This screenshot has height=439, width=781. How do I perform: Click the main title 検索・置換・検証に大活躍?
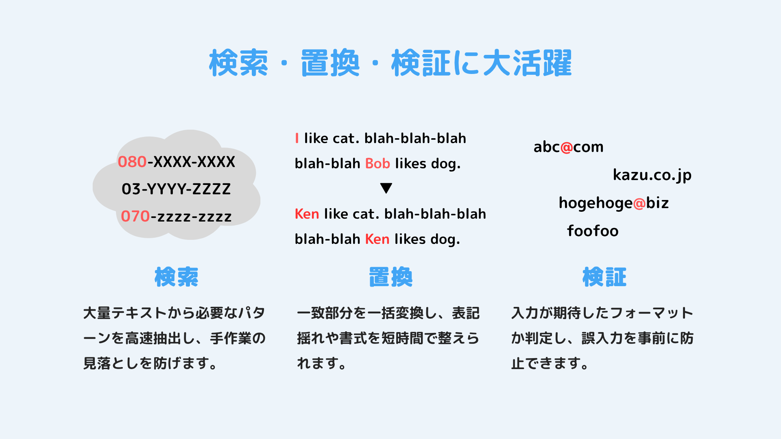[x=390, y=63]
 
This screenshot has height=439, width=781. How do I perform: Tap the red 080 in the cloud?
[x=132, y=162]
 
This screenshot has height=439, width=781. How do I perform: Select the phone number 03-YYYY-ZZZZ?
[x=176, y=189]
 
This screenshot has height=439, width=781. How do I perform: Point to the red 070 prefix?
[x=135, y=216]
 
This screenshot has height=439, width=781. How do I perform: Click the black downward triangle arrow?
[x=386, y=188]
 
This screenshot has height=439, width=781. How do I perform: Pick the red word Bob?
[x=377, y=163]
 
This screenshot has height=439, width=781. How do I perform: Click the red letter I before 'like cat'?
[x=297, y=138]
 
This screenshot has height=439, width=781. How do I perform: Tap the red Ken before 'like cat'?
[x=307, y=214]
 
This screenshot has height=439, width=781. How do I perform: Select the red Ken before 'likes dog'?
[x=377, y=239]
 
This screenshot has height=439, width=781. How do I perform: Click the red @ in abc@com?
[x=567, y=147]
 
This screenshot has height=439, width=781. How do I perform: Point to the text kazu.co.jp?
[x=652, y=175]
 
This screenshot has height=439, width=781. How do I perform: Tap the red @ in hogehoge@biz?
[x=639, y=203]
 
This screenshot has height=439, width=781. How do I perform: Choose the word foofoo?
[x=593, y=231]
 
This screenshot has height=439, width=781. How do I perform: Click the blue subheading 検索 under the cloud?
[x=177, y=277]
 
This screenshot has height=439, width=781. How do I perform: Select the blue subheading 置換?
[x=390, y=277]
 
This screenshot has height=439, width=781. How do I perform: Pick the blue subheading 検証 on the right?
[x=604, y=277]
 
